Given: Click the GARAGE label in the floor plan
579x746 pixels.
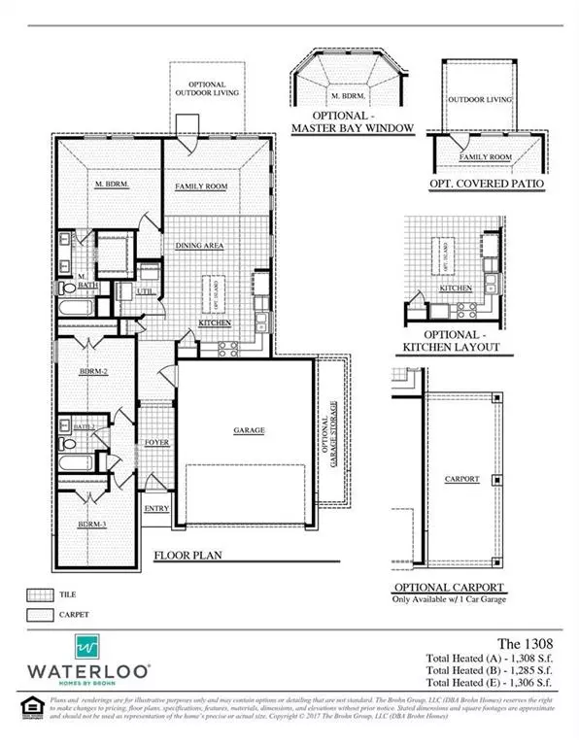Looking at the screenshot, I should point(250,430).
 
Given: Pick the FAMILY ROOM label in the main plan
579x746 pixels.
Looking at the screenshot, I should point(199,186).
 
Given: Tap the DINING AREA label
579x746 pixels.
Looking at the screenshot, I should point(200,247).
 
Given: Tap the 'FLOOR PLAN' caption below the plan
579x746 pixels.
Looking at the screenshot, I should point(194,558).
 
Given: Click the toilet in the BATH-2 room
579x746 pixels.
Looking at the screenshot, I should point(68,443).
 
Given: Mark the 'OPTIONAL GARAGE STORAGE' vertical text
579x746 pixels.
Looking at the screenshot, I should point(332,431).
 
